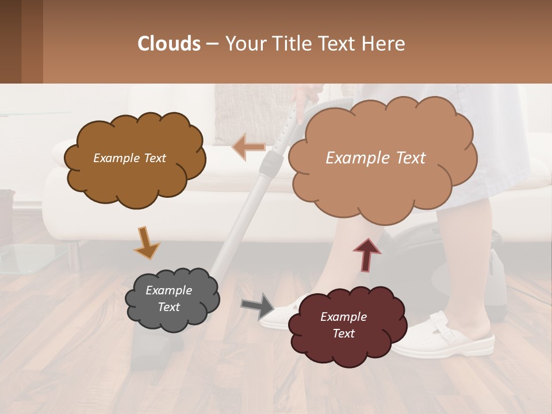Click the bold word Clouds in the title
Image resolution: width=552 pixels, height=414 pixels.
169,43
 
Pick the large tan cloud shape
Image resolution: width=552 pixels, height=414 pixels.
379,158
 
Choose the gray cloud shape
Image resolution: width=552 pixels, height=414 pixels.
171,298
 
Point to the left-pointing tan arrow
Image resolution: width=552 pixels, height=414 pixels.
249,147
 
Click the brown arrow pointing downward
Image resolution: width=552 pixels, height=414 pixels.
147,241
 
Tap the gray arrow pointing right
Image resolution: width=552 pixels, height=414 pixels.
258,305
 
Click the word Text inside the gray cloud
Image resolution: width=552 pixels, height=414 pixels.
168,307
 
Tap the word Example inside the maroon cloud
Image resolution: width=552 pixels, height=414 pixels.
343,317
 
